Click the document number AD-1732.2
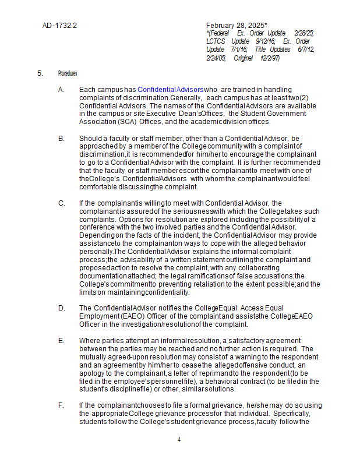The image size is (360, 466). coord(59,26)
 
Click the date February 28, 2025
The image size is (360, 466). coord(236,26)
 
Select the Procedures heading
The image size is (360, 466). coord(68,73)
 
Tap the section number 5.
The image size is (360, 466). coord(40,73)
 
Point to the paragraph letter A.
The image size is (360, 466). coord(61,89)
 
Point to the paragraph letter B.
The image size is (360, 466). coord(61,137)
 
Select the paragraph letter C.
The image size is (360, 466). coord(61,203)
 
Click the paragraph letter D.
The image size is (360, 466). coord(61,308)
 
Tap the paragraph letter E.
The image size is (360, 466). coord(61,340)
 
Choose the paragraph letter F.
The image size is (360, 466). coord(61,405)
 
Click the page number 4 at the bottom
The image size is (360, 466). coord(179,440)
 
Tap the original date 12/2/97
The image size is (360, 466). coord(270,58)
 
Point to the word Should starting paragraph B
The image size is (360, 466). coord(91,137)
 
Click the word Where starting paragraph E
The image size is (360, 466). coord(90,340)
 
